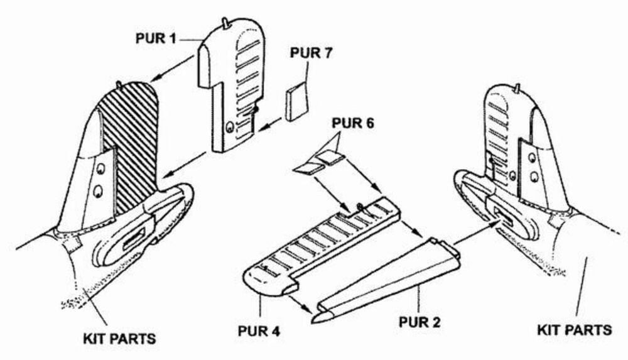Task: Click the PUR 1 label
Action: click(x=156, y=38)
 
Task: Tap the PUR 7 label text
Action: click(x=311, y=53)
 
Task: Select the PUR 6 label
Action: click(x=353, y=124)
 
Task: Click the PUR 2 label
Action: click(x=420, y=322)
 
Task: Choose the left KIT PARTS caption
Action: click(x=119, y=339)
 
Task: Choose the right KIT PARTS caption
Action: click(x=575, y=330)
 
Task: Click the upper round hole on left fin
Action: click(x=100, y=169)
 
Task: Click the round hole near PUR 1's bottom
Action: click(x=230, y=127)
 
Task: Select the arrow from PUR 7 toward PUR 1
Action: click(x=269, y=124)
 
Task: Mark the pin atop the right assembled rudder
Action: click(x=517, y=89)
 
